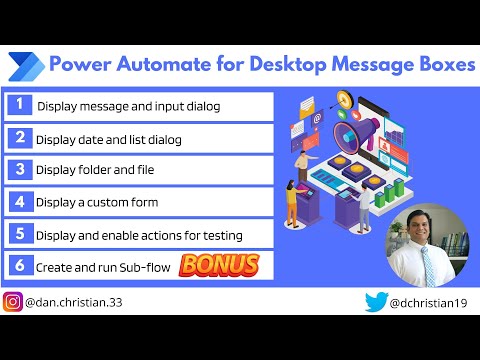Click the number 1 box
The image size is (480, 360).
click(18, 105)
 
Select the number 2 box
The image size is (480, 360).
click(18, 137)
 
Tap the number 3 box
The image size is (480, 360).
click(18, 169)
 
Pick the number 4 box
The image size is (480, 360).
click(18, 201)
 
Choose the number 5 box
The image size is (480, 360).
click(18, 234)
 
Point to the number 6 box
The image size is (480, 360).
click(18, 266)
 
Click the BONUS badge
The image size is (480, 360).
click(219, 265)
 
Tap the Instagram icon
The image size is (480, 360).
click(14, 301)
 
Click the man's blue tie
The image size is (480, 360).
click(427, 262)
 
